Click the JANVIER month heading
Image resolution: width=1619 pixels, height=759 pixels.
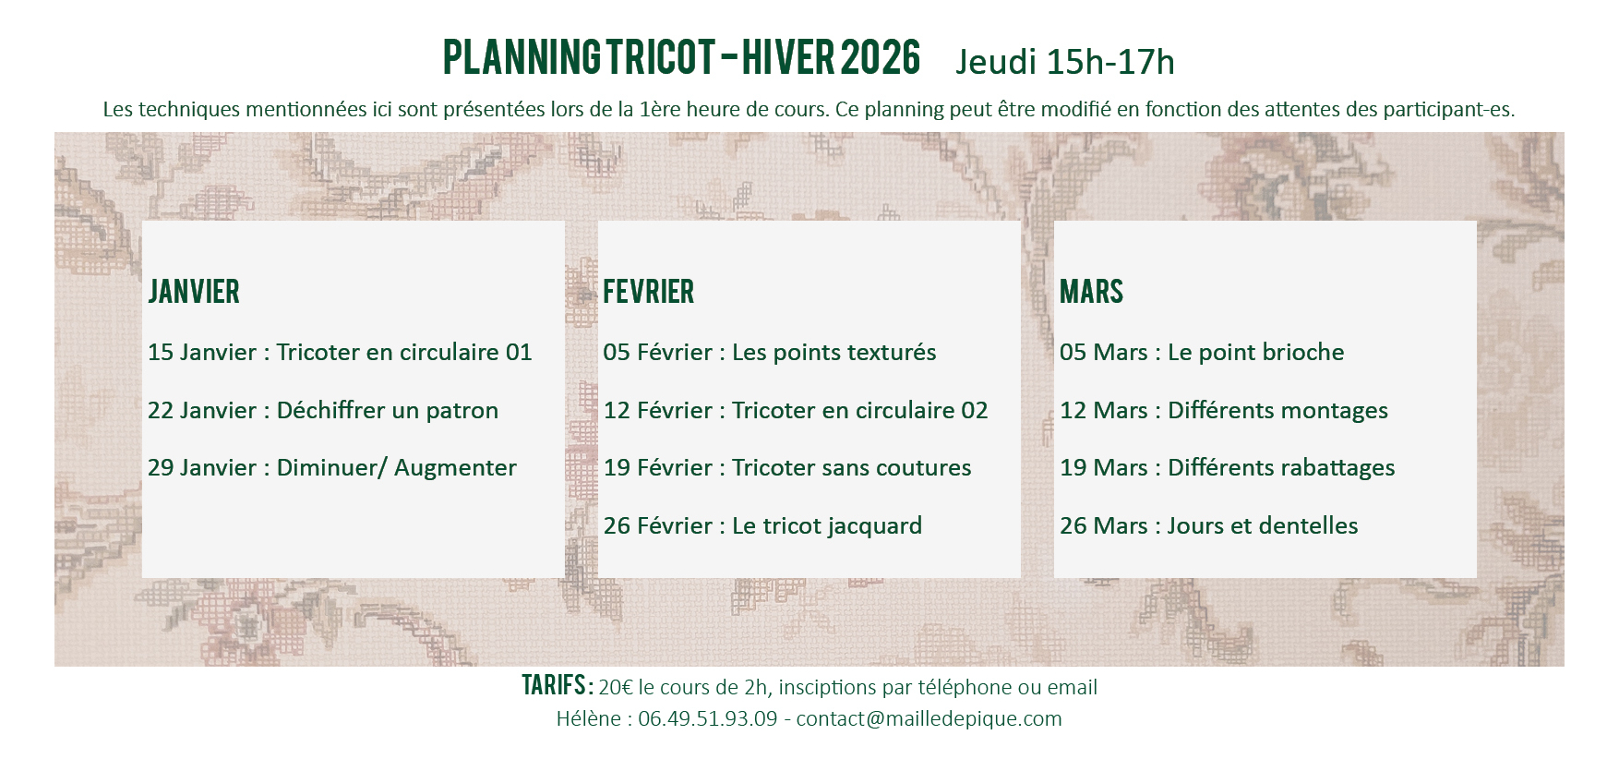(194, 292)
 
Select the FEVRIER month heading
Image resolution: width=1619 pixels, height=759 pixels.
(649, 292)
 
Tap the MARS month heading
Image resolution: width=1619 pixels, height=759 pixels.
(1092, 292)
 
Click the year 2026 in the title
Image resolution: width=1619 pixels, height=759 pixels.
(881, 58)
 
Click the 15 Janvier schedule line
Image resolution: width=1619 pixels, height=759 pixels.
(340, 352)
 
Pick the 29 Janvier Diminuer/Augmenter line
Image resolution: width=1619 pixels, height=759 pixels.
(332, 468)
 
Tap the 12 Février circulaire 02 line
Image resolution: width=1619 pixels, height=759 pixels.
(796, 410)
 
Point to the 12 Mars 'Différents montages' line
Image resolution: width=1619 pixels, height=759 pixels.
(1224, 410)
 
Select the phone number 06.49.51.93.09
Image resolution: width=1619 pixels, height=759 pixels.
(708, 718)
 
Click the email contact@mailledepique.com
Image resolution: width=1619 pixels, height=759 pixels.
(929, 718)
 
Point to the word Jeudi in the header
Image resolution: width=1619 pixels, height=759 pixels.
(996, 62)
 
